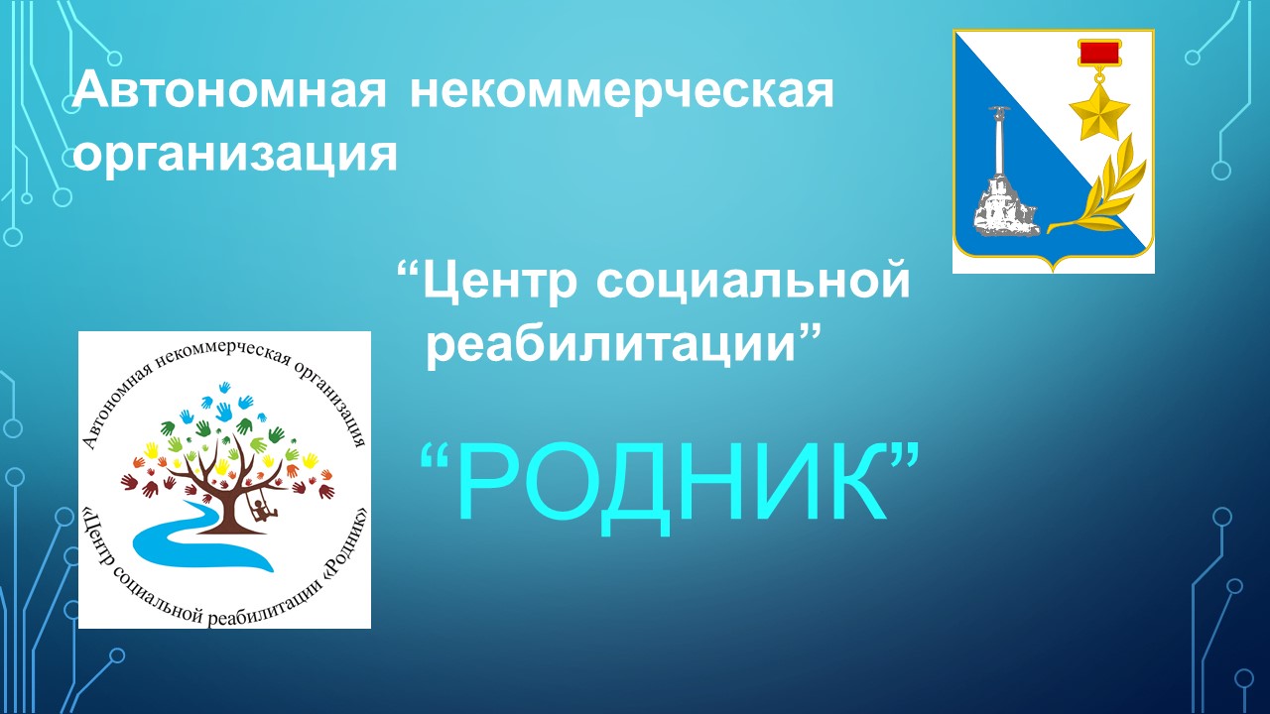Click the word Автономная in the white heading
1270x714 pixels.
point(230,90)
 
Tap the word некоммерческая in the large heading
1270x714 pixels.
point(622,92)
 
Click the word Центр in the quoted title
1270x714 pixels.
point(498,281)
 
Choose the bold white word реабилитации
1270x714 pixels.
point(612,344)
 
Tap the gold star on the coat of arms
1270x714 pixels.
point(1098,111)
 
